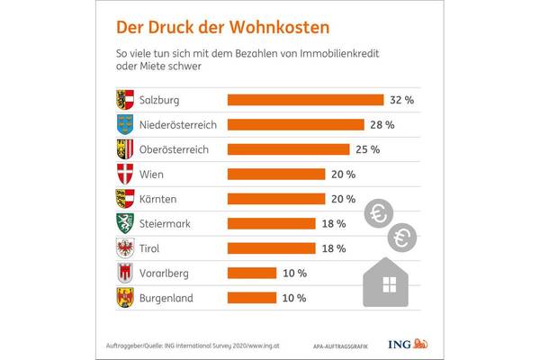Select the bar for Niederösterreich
pos(295,124)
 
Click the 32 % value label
pos(400,100)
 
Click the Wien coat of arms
pos(125,174)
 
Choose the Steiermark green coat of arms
pos(125,223)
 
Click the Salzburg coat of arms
pos(125,100)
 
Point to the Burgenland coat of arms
pos(125,297)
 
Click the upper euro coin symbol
pos(378,214)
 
